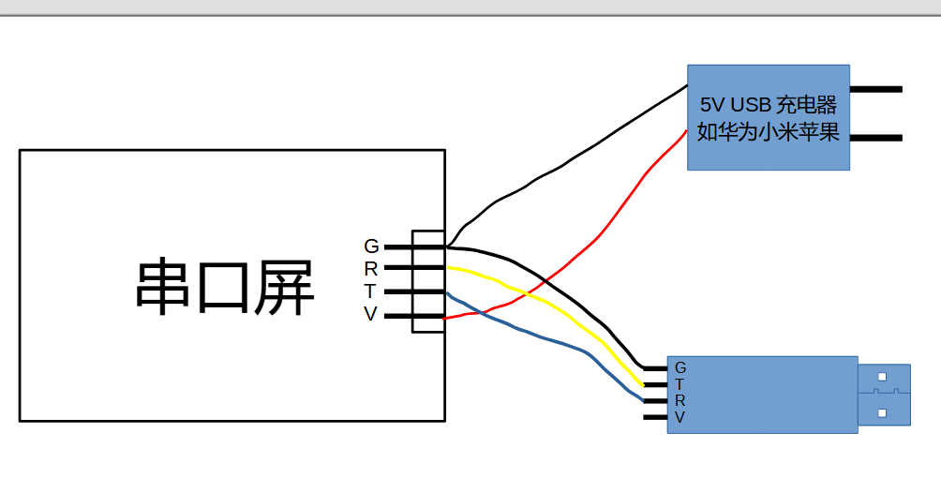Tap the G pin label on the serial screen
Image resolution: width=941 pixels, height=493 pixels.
point(371,246)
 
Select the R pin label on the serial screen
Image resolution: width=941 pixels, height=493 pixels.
point(371,269)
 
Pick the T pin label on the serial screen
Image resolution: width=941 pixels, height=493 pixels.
point(371,291)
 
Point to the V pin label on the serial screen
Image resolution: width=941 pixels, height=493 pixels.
point(371,315)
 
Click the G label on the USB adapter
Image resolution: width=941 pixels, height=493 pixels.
point(680,366)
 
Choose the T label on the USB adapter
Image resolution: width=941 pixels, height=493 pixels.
point(680,383)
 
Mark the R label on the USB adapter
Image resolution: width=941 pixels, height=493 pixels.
point(680,400)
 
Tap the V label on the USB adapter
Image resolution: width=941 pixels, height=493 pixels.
point(680,417)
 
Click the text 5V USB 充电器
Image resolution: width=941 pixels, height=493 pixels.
point(768,102)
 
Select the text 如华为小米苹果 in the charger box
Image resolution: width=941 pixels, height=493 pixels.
point(768,132)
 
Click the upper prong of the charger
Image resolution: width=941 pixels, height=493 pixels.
point(875,90)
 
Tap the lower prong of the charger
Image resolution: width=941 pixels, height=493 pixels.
point(875,138)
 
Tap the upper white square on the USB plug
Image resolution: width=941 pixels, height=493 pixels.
point(882,377)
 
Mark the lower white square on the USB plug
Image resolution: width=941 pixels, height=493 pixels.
point(882,411)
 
